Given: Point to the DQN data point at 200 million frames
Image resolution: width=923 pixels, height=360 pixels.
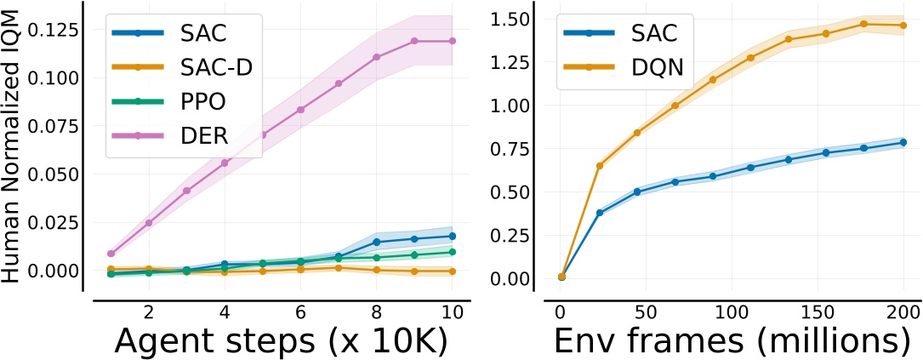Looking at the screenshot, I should point(903,26).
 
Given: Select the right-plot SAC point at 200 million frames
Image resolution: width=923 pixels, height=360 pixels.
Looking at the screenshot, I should point(903,142).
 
